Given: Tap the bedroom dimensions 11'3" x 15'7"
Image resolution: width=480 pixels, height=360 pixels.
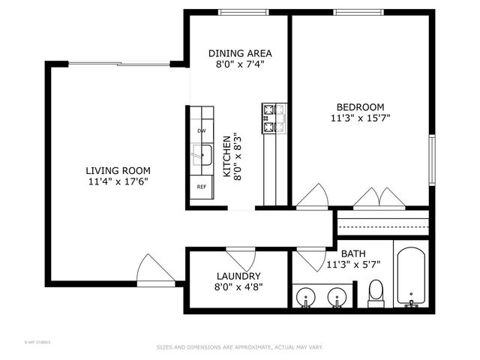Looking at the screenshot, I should click(x=360, y=118).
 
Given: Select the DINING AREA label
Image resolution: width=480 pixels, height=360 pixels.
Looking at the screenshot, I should click(x=239, y=53).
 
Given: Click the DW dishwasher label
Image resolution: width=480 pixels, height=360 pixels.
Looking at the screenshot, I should click(x=201, y=131).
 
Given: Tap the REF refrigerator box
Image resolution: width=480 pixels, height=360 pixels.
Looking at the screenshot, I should click(x=201, y=187).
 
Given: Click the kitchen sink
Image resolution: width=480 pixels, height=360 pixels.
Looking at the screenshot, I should click(x=201, y=156).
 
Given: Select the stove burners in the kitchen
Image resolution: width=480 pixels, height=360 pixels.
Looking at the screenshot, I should click(x=273, y=117).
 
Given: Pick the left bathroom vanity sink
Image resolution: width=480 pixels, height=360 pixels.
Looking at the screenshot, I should click(x=306, y=298).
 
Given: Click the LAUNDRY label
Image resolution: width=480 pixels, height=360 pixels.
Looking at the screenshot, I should click(x=238, y=276).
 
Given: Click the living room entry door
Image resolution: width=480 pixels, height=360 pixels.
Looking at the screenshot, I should click(x=153, y=270).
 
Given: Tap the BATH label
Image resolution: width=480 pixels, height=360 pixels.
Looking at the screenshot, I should click(x=352, y=253).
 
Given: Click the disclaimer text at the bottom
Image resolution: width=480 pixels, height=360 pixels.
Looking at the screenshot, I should click(x=239, y=347).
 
